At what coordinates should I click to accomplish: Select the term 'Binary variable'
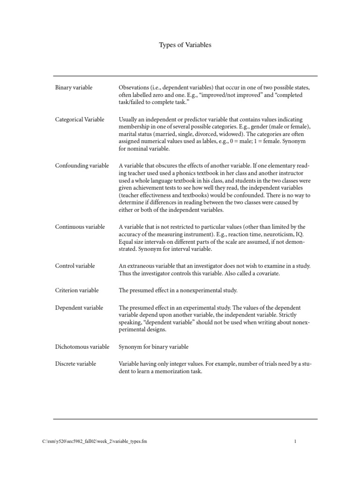tap(74, 88)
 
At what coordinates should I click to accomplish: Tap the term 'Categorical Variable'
tap(80, 120)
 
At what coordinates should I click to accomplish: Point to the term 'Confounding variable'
tap(82, 165)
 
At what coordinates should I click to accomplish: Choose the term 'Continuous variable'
tap(80, 227)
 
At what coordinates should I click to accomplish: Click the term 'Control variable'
tap(75, 266)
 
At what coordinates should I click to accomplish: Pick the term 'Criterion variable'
tap(77, 291)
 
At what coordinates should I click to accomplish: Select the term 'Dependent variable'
tap(79, 307)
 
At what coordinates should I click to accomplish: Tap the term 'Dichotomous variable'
tap(82, 347)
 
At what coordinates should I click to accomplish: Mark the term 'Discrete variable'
tap(75, 364)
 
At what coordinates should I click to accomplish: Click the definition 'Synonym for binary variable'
tap(154, 347)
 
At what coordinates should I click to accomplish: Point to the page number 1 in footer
tap(295, 442)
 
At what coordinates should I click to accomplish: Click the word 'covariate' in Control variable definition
tap(266, 274)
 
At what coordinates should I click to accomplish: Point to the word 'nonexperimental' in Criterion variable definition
tap(204, 291)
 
